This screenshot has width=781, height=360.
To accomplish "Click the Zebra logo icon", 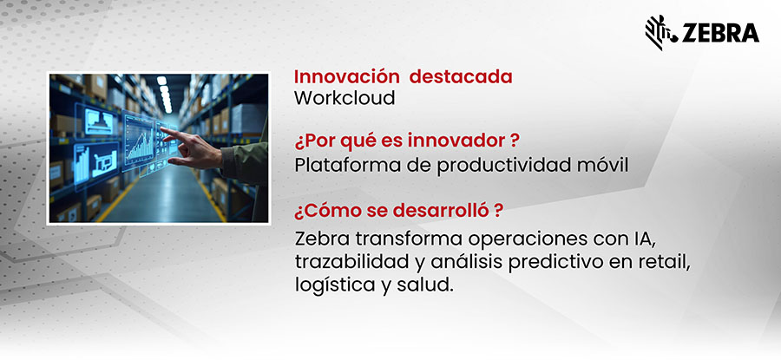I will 660,31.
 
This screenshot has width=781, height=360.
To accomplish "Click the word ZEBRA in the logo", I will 719,33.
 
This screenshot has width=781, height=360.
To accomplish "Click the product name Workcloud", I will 345,98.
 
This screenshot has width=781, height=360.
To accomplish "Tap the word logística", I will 327,285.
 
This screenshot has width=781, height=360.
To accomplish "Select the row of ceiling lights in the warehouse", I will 163,94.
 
